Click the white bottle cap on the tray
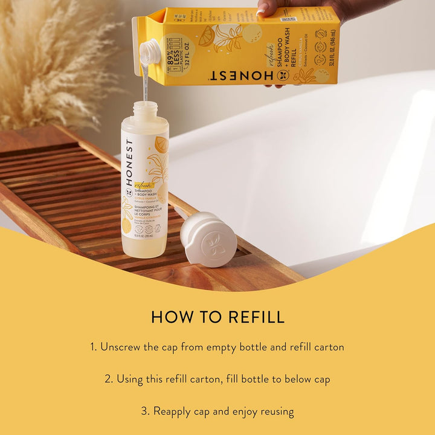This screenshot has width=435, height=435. pos(208,238)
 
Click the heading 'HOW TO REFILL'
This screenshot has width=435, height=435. pos(217,317)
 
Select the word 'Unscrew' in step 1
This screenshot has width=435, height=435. pos(121,347)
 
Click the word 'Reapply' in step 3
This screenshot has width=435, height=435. pos(172,411)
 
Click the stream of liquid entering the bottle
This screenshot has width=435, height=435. pos(145,82)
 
